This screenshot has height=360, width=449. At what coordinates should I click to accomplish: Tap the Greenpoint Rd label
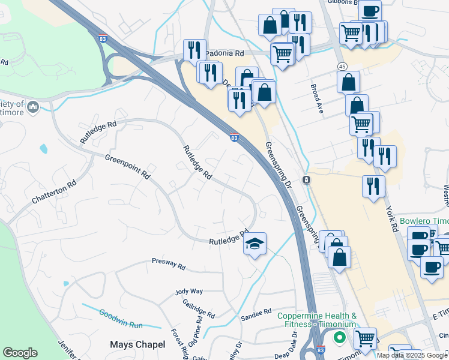click(x=127, y=166)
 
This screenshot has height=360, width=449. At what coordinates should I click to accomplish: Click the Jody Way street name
click(x=189, y=291)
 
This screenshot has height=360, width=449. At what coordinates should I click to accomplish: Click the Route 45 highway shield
click(x=342, y=65)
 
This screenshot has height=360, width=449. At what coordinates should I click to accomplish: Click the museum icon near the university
click(x=32, y=107)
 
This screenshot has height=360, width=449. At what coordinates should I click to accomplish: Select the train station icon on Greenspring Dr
click(x=306, y=180)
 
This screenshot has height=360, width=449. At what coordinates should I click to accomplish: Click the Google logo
click(x=20, y=353)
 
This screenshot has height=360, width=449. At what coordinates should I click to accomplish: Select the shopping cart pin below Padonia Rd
click(x=282, y=54)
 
